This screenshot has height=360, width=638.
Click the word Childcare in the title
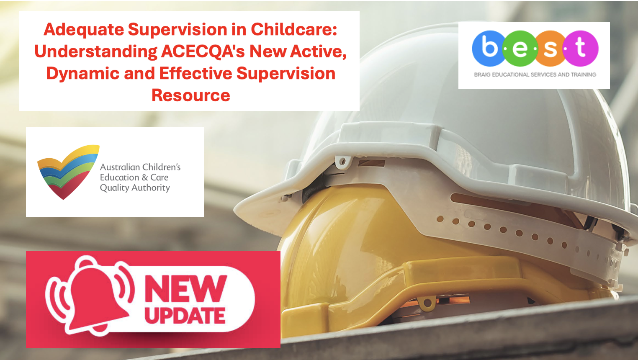pyautogui.click(x=294, y=29)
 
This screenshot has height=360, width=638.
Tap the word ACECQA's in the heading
pyautogui.click(x=203, y=51)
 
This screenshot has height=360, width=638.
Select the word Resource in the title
pyautogui.click(x=190, y=95)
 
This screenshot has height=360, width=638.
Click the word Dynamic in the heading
pyautogui.click(x=82, y=74)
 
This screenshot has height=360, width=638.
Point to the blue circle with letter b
pyautogui.click(x=489, y=49)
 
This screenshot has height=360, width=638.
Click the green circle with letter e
pyautogui.click(x=520, y=49)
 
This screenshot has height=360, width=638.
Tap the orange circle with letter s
pyautogui.click(x=550, y=49)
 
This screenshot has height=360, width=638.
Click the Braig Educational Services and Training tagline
pyautogui.click(x=535, y=75)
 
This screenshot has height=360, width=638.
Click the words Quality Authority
pyautogui.click(x=135, y=188)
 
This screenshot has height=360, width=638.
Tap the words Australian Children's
pyautogui.click(x=140, y=167)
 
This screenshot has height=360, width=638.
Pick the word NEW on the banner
pyautogui.click(x=186, y=288)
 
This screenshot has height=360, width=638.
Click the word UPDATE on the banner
pyautogui.click(x=185, y=316)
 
